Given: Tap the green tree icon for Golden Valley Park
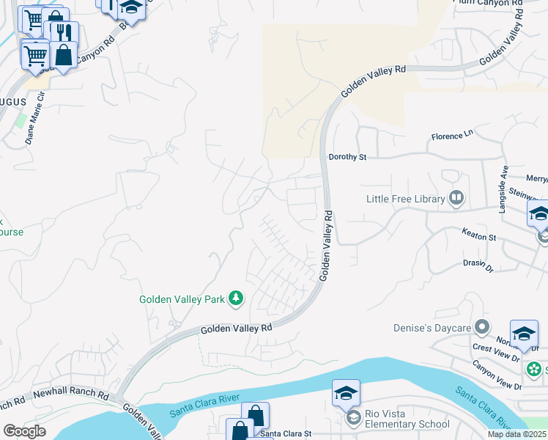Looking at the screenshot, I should pos(236,298).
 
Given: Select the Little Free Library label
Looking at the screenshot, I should pos(406,199).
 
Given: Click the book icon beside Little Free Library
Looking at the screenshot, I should pos(456,198).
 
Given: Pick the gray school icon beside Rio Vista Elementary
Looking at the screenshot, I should pos(352,418).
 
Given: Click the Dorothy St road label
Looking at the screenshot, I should pos(347,157).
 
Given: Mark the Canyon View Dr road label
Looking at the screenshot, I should pos(497,375).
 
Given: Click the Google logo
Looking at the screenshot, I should pos(23,431).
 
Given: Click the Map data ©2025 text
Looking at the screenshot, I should pos(517,434).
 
